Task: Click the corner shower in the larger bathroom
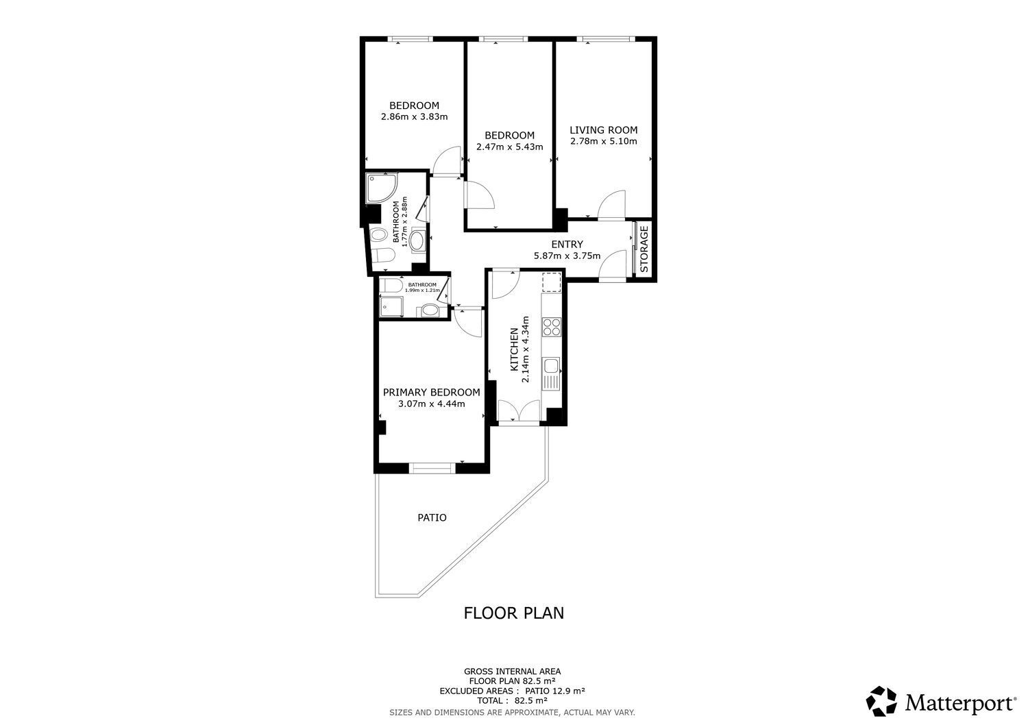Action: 379,188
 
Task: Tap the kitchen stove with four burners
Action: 551,327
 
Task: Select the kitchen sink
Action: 551,373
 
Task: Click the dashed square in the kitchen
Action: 551,282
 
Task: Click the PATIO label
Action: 432,517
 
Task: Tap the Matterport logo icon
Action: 881,701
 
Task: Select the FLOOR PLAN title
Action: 514,613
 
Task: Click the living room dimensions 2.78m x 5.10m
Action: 603,142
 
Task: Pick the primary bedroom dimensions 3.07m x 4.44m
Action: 431,404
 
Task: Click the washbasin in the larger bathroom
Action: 417,240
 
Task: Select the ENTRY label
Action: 567,245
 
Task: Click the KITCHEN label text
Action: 514,349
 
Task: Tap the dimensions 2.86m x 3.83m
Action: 414,116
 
